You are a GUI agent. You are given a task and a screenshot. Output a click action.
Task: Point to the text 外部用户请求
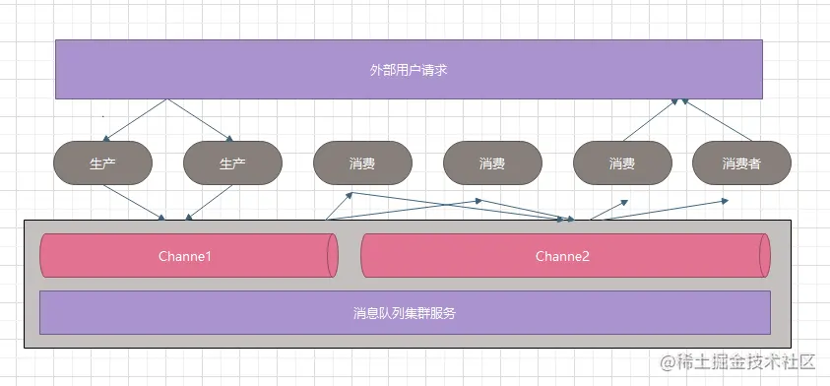tap(409, 70)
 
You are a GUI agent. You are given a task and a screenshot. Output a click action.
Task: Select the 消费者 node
tap(741, 163)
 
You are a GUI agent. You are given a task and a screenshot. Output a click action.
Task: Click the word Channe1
tap(185, 256)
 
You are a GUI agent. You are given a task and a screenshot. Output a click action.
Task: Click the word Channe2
tap(563, 256)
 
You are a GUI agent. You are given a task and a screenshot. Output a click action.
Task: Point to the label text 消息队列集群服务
tap(405, 313)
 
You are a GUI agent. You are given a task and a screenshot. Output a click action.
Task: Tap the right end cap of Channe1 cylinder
tap(333, 256)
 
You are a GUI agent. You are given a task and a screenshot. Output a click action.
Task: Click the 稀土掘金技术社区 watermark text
tap(739, 362)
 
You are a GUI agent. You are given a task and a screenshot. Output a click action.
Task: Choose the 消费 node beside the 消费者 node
tap(622, 163)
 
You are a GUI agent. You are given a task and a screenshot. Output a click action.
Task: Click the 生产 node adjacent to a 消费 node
tap(232, 163)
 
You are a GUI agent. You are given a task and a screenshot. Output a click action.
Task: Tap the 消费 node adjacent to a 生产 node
tap(362, 163)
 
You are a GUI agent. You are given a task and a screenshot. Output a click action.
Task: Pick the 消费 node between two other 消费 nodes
tap(492, 163)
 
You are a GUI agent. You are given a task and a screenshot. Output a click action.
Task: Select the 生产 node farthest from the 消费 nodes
tap(102, 163)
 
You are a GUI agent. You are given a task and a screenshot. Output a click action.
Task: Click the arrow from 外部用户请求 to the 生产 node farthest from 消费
tap(136, 119)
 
